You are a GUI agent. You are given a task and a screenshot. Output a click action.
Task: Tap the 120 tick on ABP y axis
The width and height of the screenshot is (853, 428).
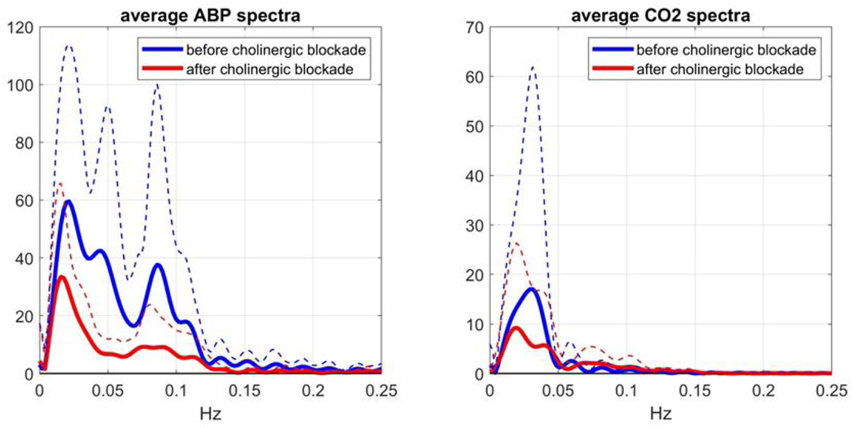click(x=24, y=27)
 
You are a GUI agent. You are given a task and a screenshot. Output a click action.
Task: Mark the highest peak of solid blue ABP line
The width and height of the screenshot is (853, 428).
click(x=69, y=201)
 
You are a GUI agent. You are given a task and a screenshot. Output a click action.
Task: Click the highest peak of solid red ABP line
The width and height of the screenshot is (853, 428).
click(x=61, y=277)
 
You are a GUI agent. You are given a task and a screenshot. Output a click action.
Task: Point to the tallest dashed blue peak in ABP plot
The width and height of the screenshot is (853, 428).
click(x=69, y=45)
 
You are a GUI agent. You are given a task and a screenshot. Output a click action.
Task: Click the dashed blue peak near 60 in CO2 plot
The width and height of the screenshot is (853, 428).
click(x=533, y=67)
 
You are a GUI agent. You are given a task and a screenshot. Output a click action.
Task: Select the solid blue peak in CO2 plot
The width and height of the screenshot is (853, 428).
click(x=531, y=289)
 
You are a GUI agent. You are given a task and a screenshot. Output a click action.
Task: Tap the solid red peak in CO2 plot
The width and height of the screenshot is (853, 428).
click(x=516, y=328)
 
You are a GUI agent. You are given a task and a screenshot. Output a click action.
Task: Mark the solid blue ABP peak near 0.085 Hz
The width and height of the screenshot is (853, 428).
click(x=158, y=265)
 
